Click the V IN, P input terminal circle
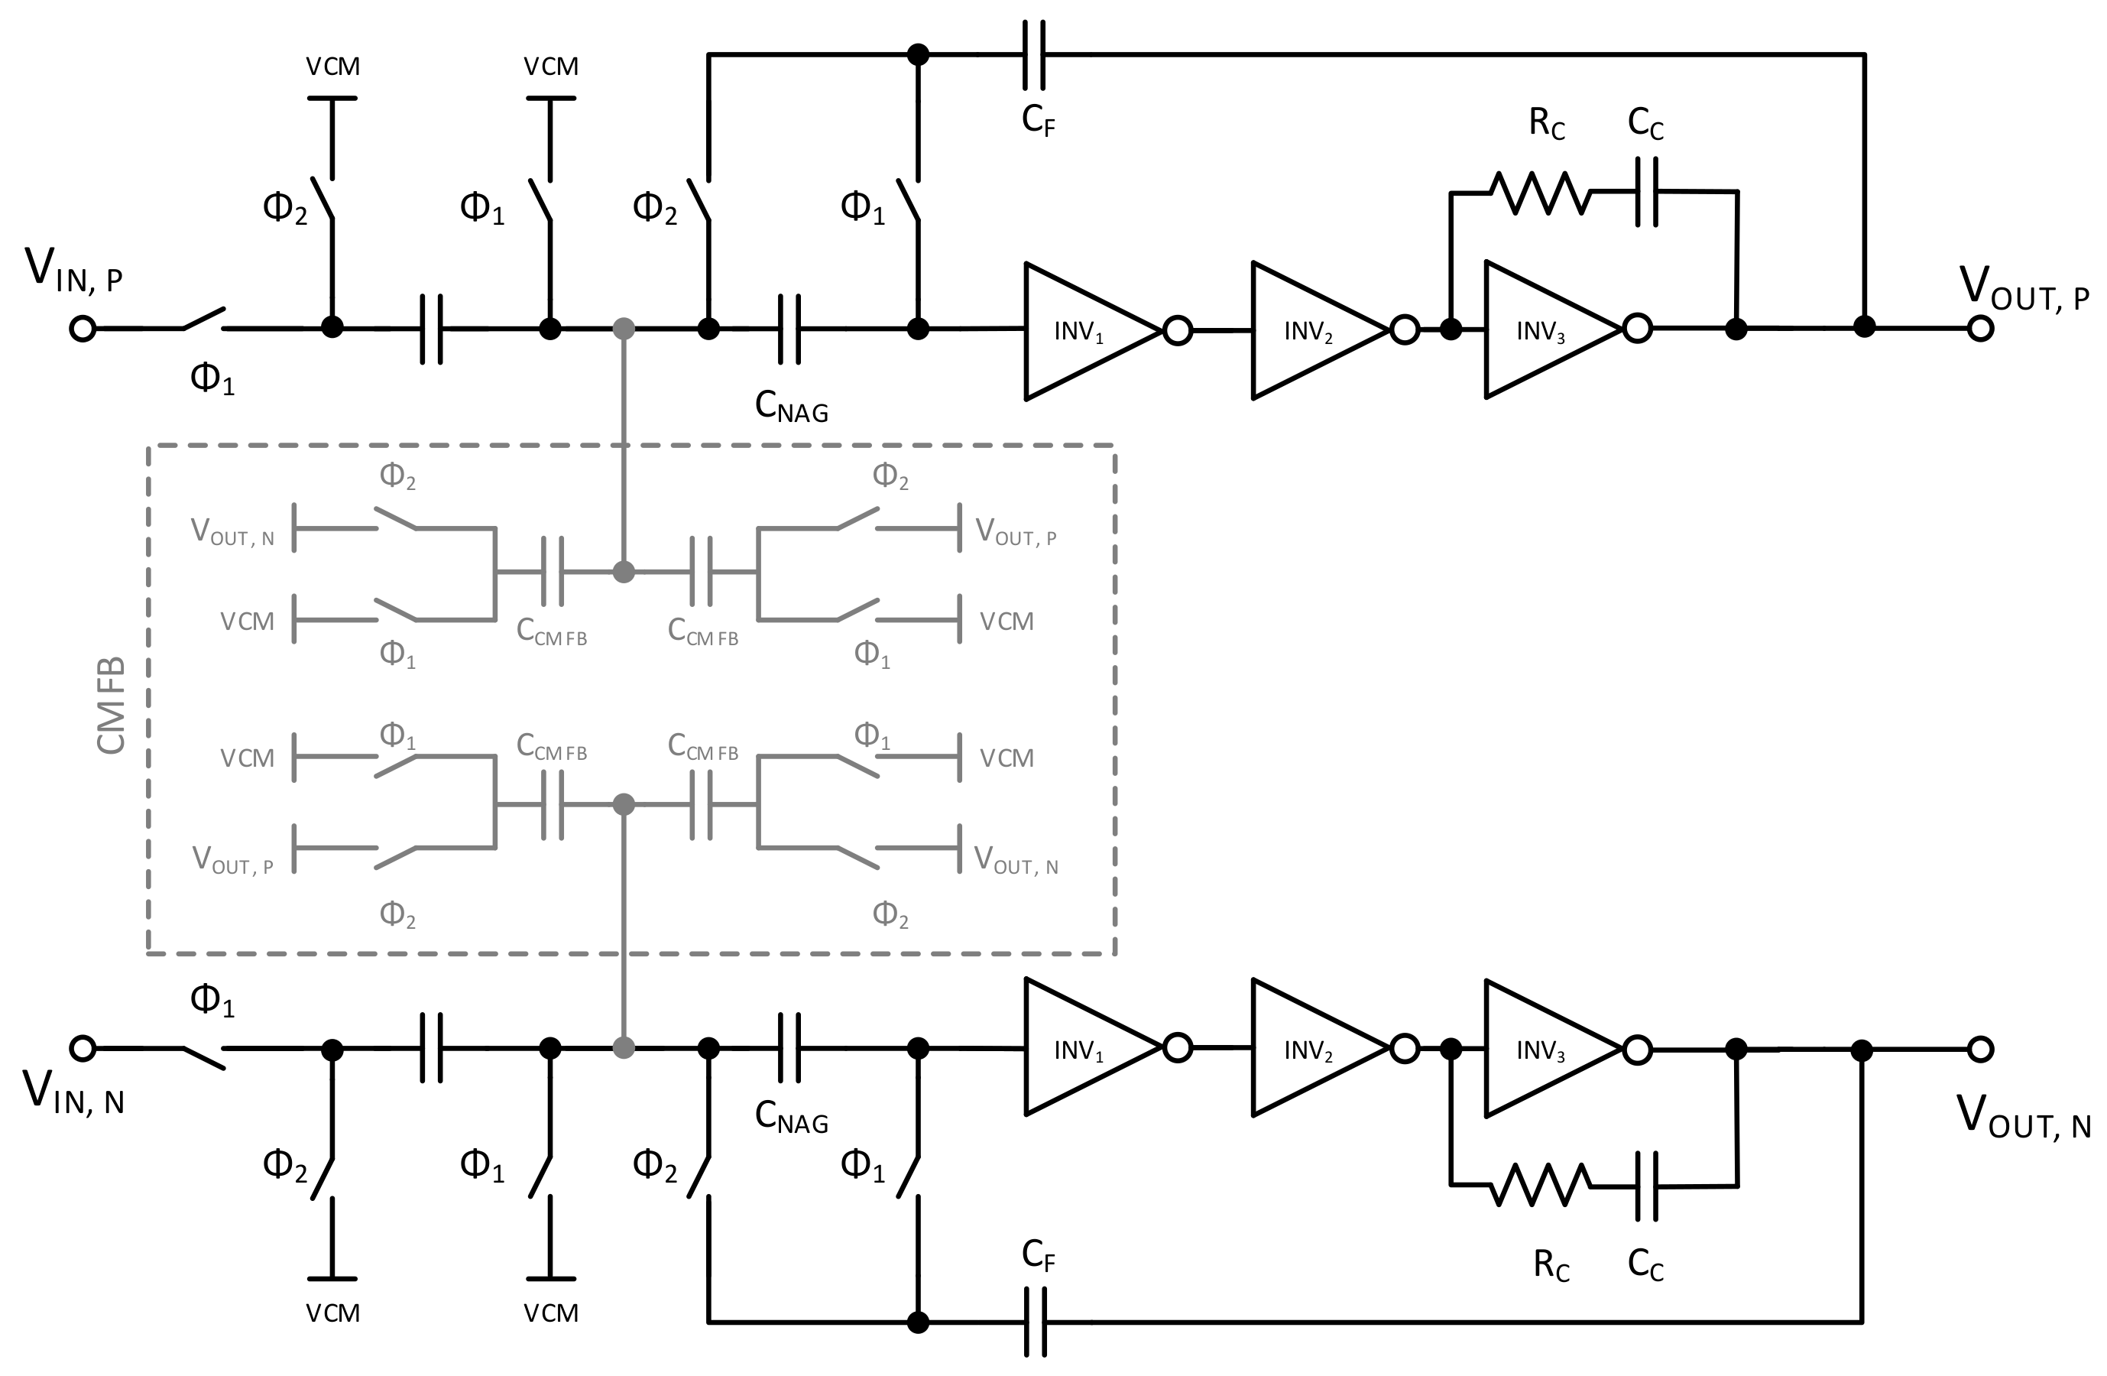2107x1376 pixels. [x=83, y=329]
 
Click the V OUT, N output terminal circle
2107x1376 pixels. [x=1980, y=1050]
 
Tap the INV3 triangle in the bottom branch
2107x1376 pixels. [x=1548, y=1050]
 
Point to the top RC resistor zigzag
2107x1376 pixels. [x=1541, y=192]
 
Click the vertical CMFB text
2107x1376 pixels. [x=111, y=706]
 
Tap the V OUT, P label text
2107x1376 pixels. [x=2023, y=289]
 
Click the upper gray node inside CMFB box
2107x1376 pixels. [x=624, y=572]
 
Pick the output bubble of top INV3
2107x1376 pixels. [x=1638, y=329]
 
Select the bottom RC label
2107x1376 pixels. [x=1551, y=1265]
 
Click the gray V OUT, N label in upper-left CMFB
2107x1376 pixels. [x=233, y=532]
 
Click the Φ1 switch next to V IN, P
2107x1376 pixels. [x=203, y=320]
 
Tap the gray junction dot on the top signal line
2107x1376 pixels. [x=624, y=329]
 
